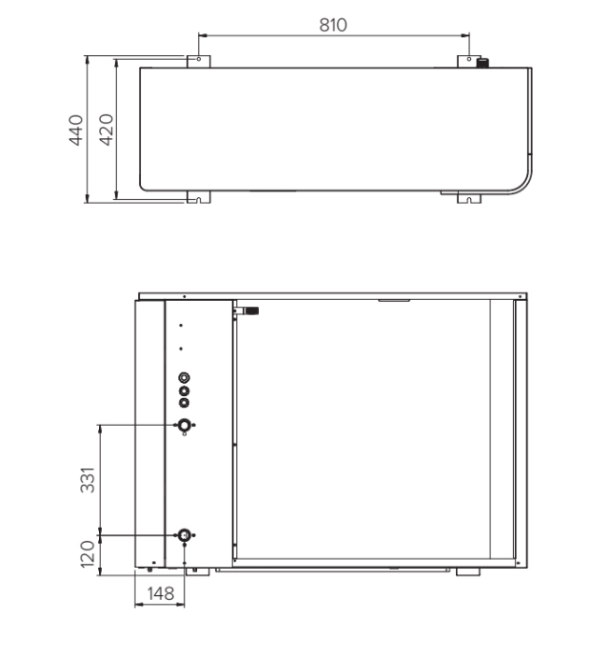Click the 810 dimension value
(x=332, y=25)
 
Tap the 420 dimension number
(x=107, y=129)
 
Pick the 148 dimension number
(x=160, y=593)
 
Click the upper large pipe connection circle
(x=184, y=425)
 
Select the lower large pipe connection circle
(x=184, y=535)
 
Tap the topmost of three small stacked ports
(x=184, y=377)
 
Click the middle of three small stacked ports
(x=184, y=390)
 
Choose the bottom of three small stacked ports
(x=184, y=402)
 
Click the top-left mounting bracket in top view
(x=198, y=61)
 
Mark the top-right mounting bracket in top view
(x=469, y=61)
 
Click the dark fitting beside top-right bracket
(x=483, y=63)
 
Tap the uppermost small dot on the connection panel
(x=181, y=326)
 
